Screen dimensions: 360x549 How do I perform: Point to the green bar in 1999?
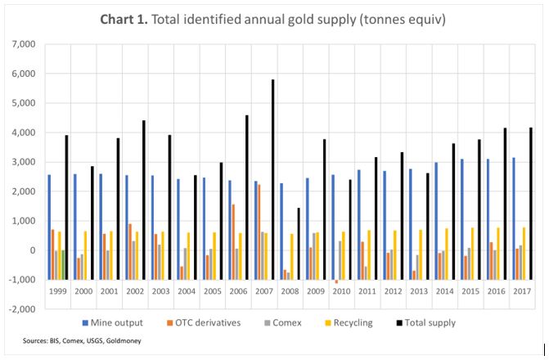(62, 264)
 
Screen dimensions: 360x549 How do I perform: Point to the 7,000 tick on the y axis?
(25, 43)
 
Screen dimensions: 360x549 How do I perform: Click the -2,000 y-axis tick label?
(23, 309)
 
